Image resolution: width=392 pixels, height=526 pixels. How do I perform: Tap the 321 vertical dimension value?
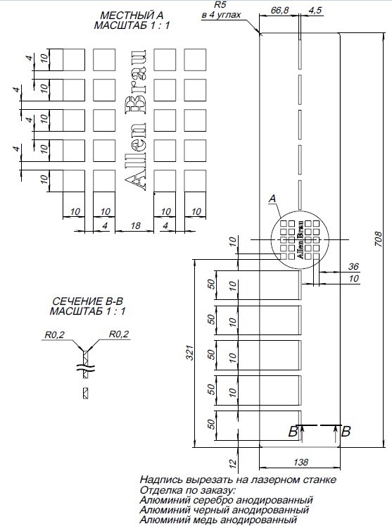pyautogui.click(x=189, y=356)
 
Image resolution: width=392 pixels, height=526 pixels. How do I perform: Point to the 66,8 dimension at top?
pyautogui.click(x=279, y=11)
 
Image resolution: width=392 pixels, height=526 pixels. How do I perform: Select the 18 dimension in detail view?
pyautogui.click(x=134, y=225)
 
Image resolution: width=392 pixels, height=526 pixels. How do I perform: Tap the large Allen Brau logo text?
pyautogui.click(x=135, y=120)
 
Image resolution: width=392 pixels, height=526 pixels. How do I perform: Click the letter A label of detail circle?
pyautogui.click(x=272, y=200)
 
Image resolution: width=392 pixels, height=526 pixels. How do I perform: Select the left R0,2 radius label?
pyautogui.click(x=53, y=335)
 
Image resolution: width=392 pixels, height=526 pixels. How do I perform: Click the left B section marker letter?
pyautogui.click(x=292, y=432)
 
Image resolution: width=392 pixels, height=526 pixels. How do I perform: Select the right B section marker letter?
pyautogui.click(x=345, y=432)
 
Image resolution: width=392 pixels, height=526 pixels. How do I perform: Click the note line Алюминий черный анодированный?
pyautogui.click(x=225, y=510)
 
